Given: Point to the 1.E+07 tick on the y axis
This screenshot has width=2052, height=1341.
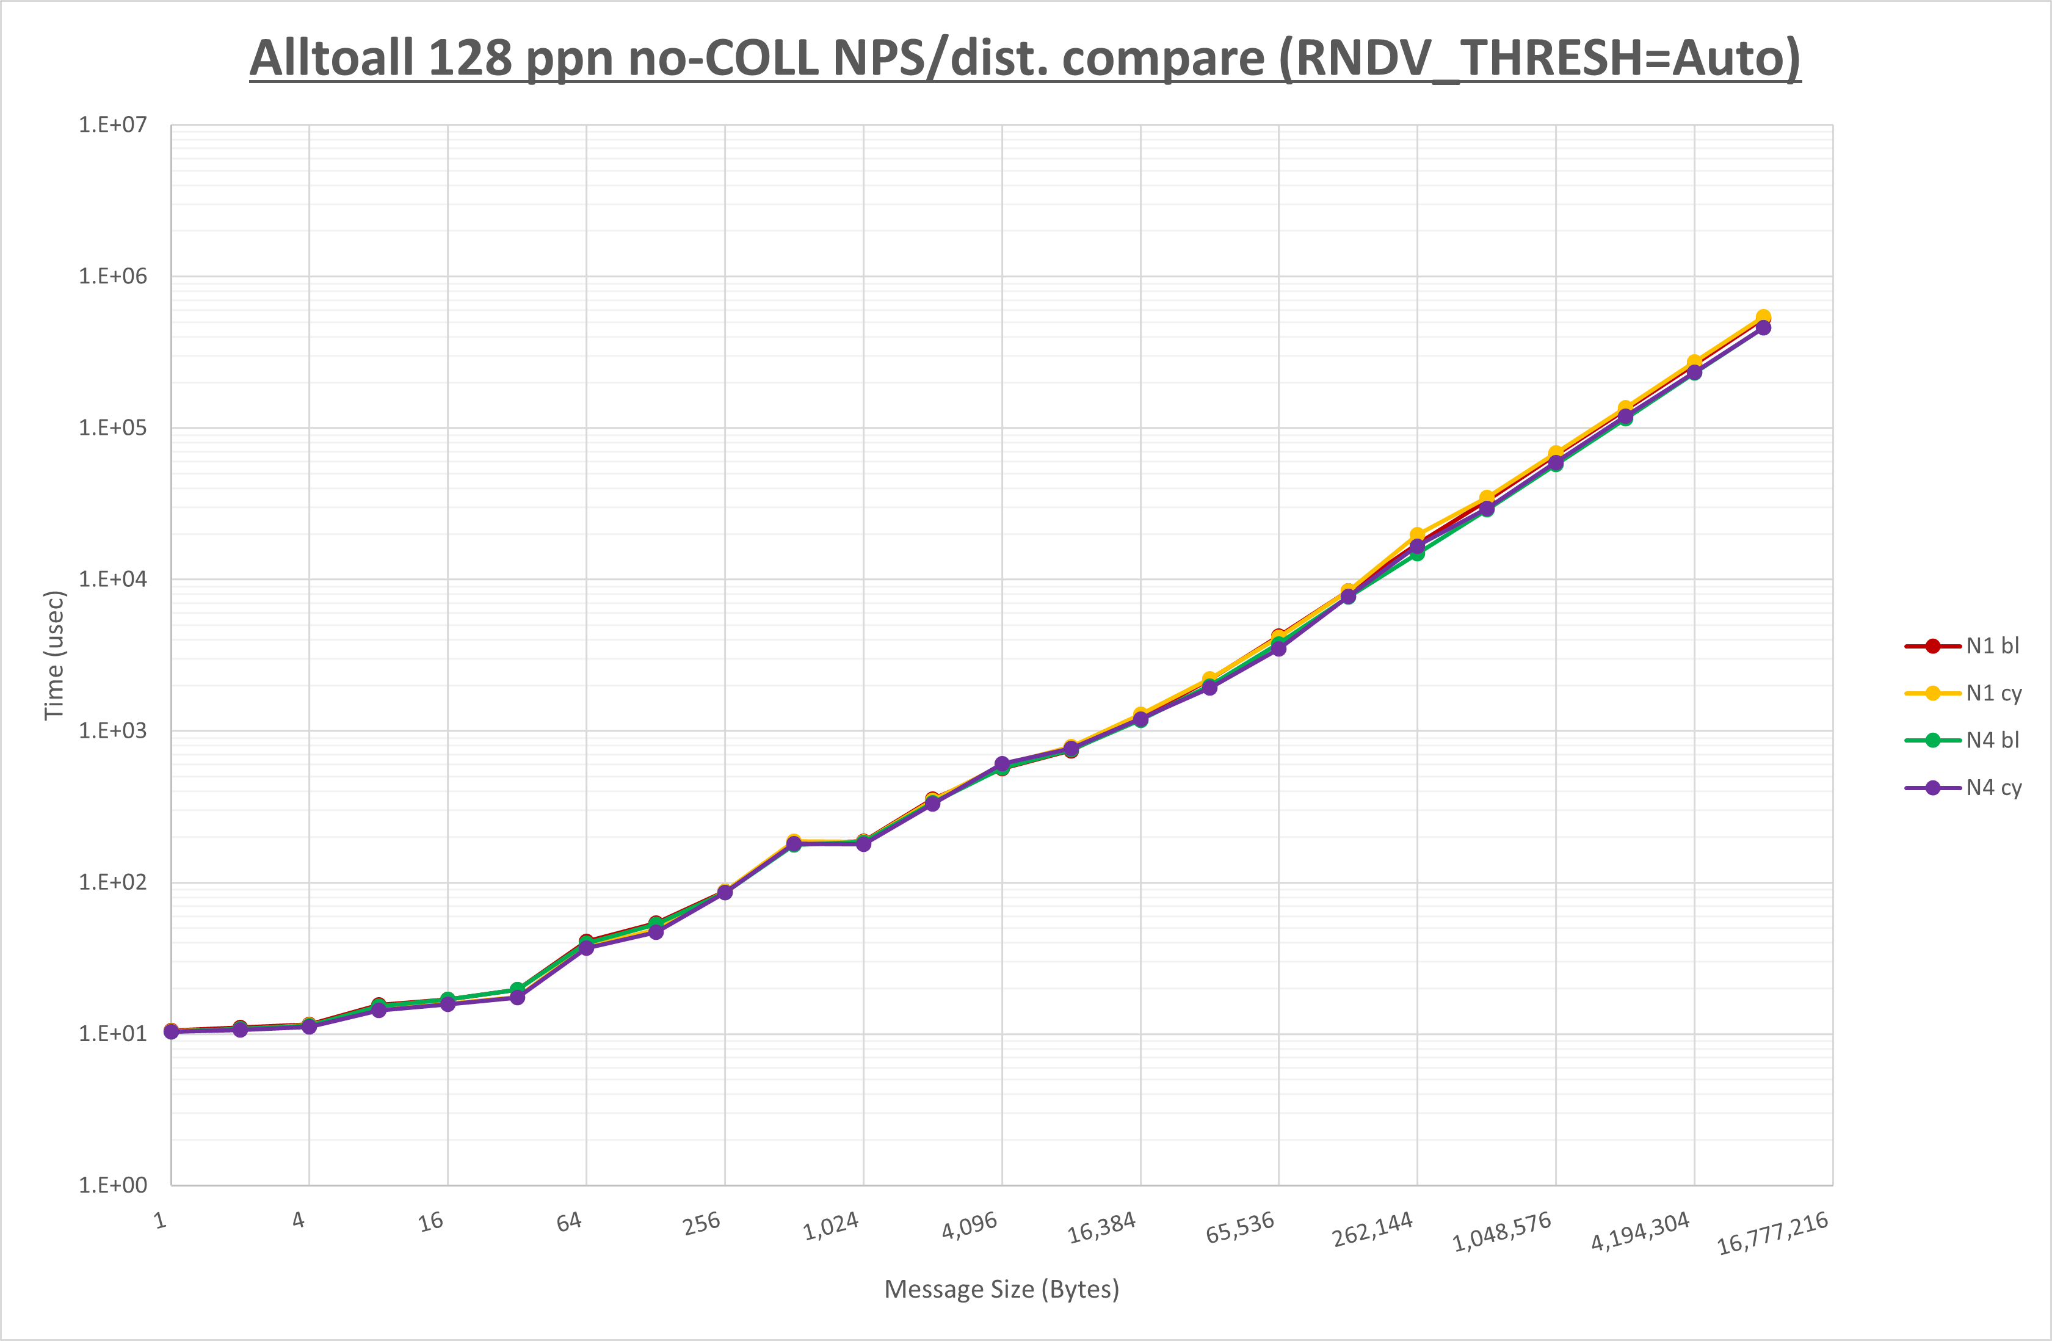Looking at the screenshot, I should tap(113, 125).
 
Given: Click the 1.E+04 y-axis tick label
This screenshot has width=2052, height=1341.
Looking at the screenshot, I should tap(113, 580).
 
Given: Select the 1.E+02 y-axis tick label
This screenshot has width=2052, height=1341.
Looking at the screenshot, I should tap(113, 882).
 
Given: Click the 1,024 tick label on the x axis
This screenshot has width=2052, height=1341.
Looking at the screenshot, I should tap(831, 1226).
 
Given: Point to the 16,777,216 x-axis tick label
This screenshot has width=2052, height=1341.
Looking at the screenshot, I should tap(1772, 1233).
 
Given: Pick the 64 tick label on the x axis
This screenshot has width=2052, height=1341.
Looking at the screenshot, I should tap(569, 1221).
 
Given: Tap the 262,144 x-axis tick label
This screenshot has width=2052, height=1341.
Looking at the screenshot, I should tap(1372, 1229).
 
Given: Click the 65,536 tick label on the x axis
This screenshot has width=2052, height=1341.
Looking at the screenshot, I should tap(1240, 1227).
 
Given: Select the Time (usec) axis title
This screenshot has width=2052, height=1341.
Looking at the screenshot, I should tap(54, 655).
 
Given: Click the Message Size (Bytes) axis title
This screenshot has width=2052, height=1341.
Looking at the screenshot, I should tap(1002, 1289).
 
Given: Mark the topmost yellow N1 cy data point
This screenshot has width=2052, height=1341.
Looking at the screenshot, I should tap(1763, 318).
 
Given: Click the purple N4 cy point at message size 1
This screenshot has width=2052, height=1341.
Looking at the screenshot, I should tap(172, 1031).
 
